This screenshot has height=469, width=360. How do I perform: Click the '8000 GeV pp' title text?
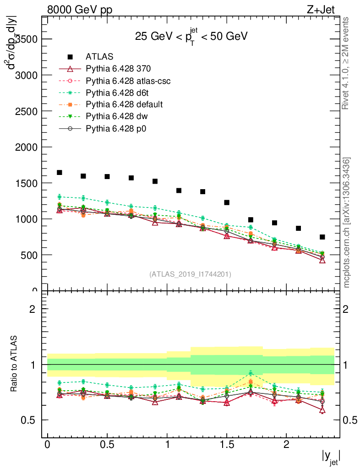pos(80,10)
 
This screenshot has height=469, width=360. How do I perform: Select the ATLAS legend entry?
pos(99,57)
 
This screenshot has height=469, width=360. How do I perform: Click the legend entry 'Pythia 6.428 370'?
pos(118,69)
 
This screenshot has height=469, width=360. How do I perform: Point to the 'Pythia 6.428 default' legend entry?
pos(124,104)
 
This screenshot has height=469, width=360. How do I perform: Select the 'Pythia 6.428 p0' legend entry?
pos(115,128)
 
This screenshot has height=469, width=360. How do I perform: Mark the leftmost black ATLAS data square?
pos(60,173)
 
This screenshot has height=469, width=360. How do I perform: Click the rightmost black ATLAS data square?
pos(322,237)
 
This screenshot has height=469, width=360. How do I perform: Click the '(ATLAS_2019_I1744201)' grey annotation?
pos(190,274)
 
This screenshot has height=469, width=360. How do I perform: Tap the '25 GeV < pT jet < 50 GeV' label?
pos(191,37)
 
